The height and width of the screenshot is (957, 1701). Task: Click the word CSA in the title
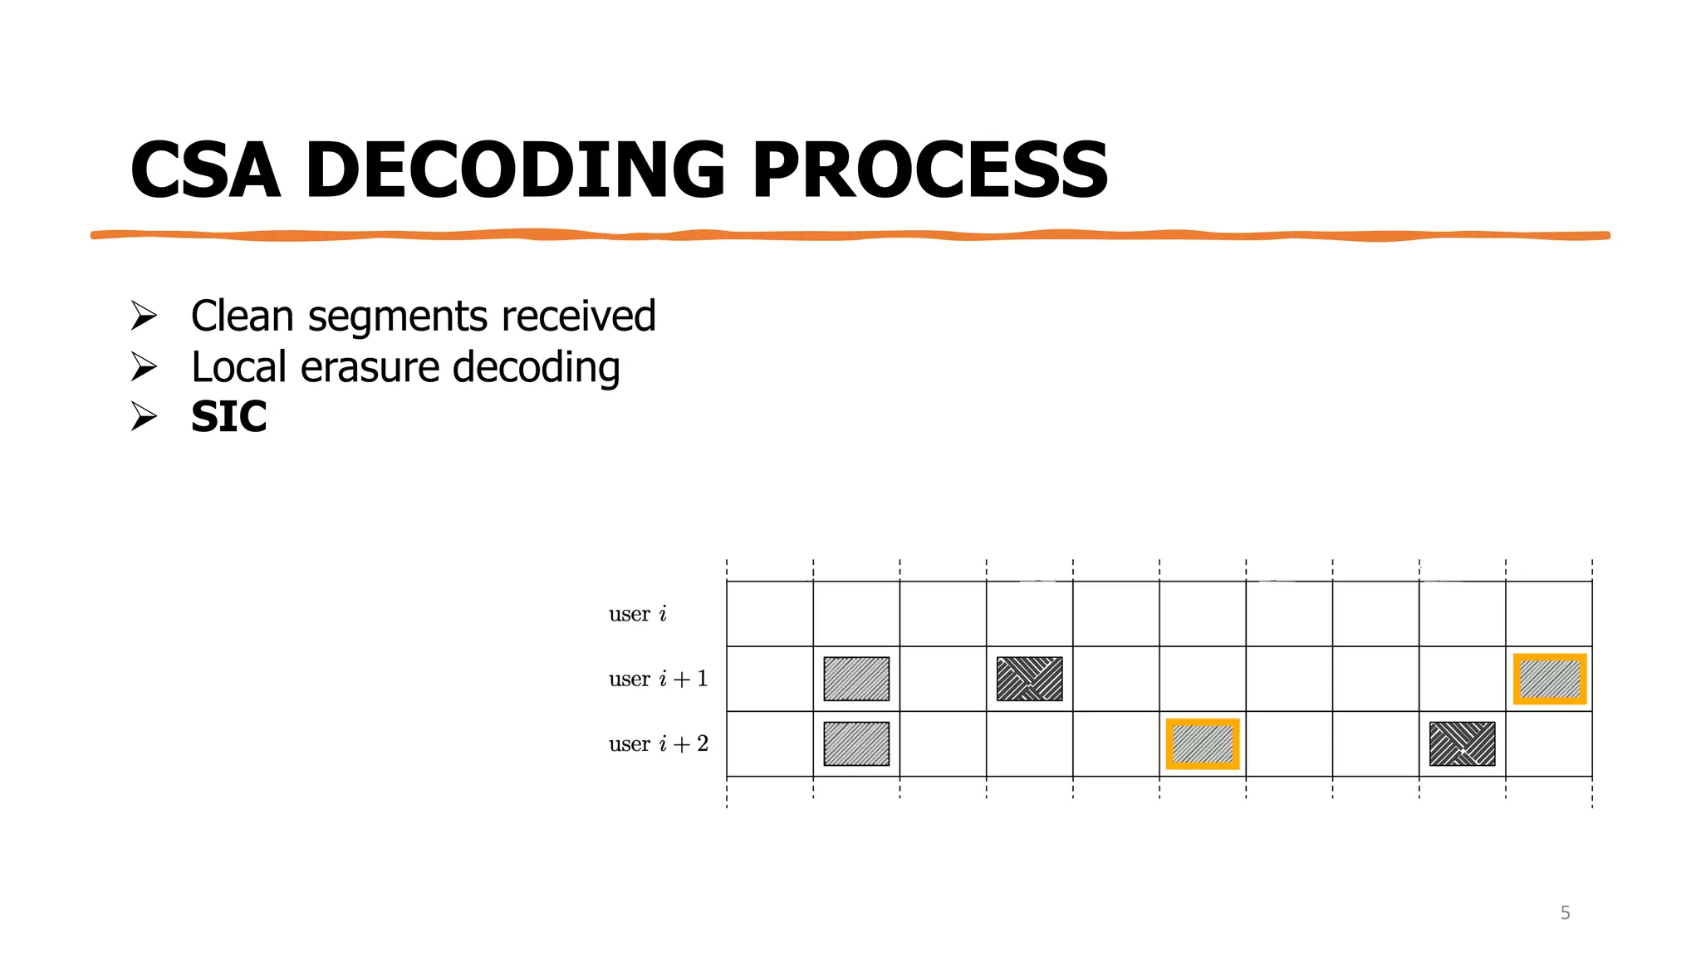click(205, 170)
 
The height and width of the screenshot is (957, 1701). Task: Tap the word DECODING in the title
click(515, 170)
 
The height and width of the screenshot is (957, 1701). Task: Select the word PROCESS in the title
click(930, 170)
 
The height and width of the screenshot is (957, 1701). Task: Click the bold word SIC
click(228, 417)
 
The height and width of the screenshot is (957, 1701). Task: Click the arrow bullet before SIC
click(144, 416)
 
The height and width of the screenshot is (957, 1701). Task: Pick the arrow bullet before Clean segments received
click(144, 316)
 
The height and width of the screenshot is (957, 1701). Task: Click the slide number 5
click(1565, 913)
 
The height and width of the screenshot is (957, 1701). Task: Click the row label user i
click(637, 614)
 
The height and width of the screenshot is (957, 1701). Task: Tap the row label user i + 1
click(658, 679)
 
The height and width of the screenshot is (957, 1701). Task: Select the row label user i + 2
click(658, 744)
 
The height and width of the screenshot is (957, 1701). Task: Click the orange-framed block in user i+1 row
click(1549, 679)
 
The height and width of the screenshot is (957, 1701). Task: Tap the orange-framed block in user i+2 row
click(1203, 744)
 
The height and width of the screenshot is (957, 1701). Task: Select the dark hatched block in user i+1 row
click(1029, 679)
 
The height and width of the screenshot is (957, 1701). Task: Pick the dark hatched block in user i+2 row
click(1462, 744)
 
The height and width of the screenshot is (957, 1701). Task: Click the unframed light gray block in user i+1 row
click(856, 679)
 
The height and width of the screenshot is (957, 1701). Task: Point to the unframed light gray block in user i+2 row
click(856, 744)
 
